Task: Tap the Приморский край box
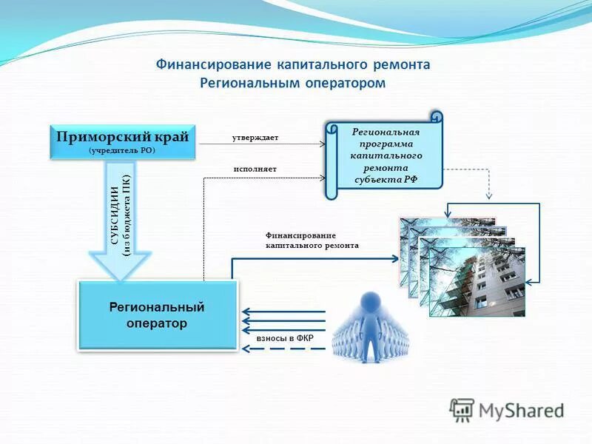click(123, 141)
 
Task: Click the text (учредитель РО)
click(123, 150)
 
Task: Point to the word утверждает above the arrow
click(255, 138)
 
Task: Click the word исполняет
click(255, 169)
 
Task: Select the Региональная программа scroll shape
click(385, 156)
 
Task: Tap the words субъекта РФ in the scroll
click(386, 178)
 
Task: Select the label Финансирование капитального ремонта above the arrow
click(312, 240)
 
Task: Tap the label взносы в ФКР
click(285, 339)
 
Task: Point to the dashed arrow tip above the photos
click(489, 197)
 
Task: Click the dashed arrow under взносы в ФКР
click(284, 349)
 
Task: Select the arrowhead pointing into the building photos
click(395, 258)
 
